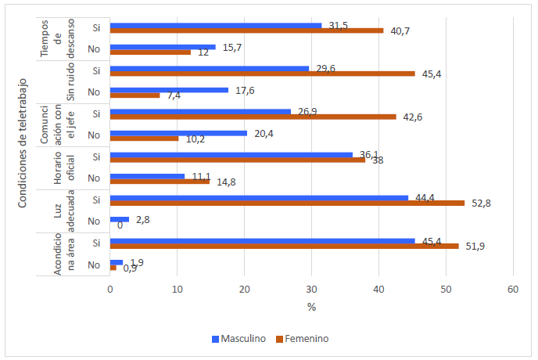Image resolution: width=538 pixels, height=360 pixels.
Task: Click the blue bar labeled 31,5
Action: click(216, 25)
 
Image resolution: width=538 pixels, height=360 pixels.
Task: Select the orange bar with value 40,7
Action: click(246, 31)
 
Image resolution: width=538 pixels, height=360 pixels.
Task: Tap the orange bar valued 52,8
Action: click(287, 203)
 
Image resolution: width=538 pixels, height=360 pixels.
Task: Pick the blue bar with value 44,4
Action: click(259, 197)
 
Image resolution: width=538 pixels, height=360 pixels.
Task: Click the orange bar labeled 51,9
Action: click(284, 246)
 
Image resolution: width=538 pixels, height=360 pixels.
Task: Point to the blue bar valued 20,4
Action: click(178, 133)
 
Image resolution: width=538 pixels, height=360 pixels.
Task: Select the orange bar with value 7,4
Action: click(134, 95)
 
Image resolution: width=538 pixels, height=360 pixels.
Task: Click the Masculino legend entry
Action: click(239, 339)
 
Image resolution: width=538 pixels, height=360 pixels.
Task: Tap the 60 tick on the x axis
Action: click(513, 289)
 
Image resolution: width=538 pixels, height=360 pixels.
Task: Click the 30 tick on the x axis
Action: click(311, 289)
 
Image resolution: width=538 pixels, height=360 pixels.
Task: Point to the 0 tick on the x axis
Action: click(110, 289)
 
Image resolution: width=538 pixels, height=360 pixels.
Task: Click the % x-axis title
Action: click(311, 307)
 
